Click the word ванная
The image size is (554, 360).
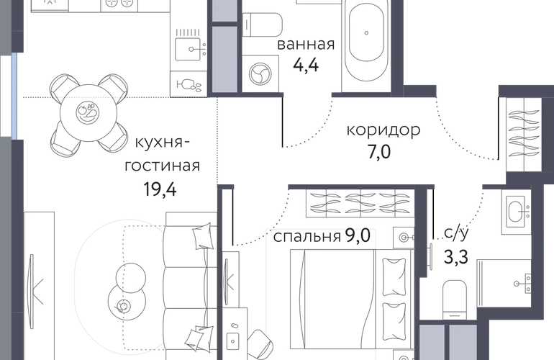point(306,45)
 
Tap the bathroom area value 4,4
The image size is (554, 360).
point(306,66)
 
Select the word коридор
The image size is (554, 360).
point(383,130)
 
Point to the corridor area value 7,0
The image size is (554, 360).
point(378,152)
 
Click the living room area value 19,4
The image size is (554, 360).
point(160,189)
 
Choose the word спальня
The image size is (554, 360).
point(306,237)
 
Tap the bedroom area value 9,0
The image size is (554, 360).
point(358,235)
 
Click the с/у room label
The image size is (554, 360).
point(456,233)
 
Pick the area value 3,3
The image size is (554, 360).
point(455,257)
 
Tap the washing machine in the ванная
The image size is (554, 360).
point(260,74)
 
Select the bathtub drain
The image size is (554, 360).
point(366,33)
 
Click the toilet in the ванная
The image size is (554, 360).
point(262,24)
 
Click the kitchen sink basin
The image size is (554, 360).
point(188,49)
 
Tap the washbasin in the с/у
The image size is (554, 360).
point(516,212)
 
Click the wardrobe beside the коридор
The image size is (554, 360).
point(524,135)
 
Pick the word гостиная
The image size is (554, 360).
point(162,166)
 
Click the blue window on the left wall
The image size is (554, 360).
point(14,96)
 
